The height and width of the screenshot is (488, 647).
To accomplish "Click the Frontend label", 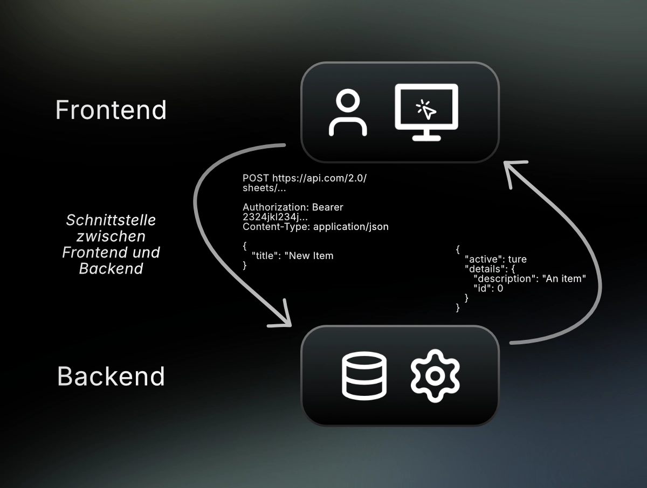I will pyautogui.click(x=111, y=110).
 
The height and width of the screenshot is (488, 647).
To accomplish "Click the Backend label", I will pyautogui.click(x=111, y=376).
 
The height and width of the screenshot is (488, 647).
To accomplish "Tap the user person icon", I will pyautogui.click(x=348, y=113).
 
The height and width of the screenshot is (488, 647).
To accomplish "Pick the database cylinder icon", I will pyautogui.click(x=364, y=376).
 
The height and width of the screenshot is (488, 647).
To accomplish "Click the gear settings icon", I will pyautogui.click(x=435, y=376).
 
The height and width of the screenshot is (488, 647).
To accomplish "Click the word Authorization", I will pyautogui.click(x=276, y=207).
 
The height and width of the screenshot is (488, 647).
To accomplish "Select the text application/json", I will pyautogui.click(x=350, y=227).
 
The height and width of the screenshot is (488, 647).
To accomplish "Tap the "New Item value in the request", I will pyautogui.click(x=311, y=256).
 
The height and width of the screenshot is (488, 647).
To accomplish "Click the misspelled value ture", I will pyautogui.click(x=517, y=260).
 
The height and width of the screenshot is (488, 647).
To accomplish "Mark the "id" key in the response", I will pyautogui.click(x=483, y=289).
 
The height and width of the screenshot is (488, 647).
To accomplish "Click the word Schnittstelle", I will pyautogui.click(x=111, y=220).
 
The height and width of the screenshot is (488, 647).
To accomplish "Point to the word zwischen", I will pyautogui.click(x=111, y=236).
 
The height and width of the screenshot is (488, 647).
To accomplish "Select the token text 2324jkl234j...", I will pyautogui.click(x=269, y=217).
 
